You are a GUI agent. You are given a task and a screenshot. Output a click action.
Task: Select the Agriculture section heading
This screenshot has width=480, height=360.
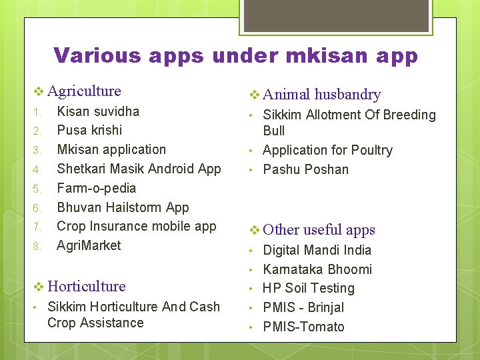[x=84, y=91]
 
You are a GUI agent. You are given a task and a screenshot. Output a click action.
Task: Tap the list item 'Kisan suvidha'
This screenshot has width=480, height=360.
[x=98, y=111]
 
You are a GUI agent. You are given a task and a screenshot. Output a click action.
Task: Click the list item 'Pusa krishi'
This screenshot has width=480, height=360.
[x=89, y=130]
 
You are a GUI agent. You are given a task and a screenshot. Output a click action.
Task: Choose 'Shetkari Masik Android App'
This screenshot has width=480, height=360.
[x=139, y=169]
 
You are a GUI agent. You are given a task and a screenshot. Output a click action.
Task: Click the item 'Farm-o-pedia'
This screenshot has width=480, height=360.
[x=96, y=188]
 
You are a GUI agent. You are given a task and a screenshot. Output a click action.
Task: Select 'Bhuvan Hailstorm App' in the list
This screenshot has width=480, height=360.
[x=123, y=207]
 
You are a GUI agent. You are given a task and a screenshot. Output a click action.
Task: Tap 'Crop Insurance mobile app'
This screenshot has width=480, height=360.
[x=136, y=227]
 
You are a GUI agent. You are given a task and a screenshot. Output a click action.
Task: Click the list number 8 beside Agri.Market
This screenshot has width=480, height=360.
[x=37, y=247]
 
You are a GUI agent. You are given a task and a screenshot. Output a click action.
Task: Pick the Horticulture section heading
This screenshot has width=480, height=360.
[x=87, y=286]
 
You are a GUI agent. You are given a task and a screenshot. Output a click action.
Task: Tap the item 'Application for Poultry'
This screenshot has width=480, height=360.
[x=327, y=150]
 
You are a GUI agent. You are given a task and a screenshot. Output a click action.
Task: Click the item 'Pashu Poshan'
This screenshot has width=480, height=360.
[x=305, y=169]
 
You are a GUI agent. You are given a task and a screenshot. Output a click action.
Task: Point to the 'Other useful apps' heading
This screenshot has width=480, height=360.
[x=319, y=230]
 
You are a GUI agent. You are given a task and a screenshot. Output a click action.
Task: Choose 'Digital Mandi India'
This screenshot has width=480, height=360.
[x=317, y=250]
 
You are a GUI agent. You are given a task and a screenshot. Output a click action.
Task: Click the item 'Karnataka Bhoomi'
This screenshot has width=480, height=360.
[x=317, y=269]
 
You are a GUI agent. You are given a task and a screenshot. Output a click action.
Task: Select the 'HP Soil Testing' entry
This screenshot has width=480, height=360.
[x=308, y=289]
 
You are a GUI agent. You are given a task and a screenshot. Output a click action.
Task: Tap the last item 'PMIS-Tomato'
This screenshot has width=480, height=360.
[x=303, y=327]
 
